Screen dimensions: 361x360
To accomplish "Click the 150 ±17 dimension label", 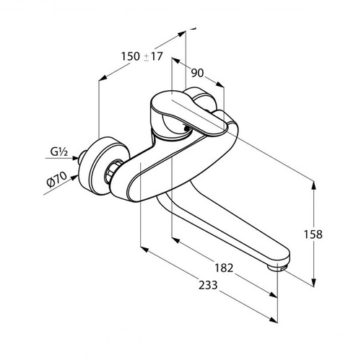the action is coord(142,57).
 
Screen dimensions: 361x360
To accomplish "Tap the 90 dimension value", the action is coord(197,73).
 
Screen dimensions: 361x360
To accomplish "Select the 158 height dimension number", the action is coord(313,234).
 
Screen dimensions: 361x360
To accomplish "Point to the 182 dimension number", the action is coord(224,268).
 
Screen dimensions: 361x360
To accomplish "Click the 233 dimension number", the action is coord(208,285).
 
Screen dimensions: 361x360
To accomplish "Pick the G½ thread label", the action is coord(59,152).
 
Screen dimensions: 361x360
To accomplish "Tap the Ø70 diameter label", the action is coord(57,180).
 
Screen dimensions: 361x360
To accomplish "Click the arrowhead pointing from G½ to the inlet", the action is coord(75,158).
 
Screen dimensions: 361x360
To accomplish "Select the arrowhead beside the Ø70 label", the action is coord(74,177).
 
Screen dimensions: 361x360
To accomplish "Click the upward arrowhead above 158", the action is coord(313,185).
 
